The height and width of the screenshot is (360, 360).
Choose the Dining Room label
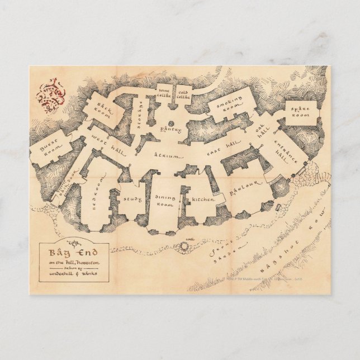point(166,201)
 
